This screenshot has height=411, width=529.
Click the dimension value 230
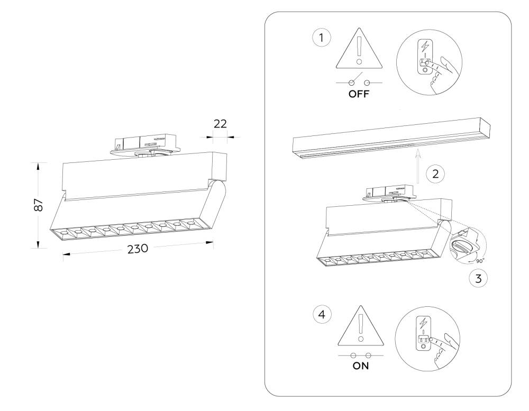click(x=138, y=248)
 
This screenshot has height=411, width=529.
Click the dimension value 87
click(x=38, y=205)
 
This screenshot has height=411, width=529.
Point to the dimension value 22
click(x=220, y=124)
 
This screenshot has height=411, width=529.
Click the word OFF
click(x=360, y=96)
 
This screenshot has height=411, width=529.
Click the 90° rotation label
click(x=480, y=260)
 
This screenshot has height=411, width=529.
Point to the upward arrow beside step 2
click(x=418, y=166)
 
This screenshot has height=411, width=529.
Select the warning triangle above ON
click(x=360, y=326)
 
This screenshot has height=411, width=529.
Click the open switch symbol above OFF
click(x=359, y=82)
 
